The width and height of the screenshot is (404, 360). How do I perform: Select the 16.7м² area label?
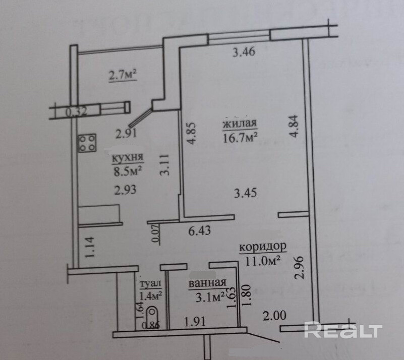pos(240,136)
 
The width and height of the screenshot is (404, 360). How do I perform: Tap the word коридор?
pos(262,248)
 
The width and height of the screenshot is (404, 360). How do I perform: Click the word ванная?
pos(207,284)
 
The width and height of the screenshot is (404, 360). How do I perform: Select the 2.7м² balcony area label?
pos(123,76)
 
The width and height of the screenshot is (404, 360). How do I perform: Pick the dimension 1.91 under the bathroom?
pos(194,321)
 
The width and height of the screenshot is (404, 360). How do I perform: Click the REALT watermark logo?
pos(342,331)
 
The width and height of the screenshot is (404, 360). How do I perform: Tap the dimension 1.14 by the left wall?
pos(91,248)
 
